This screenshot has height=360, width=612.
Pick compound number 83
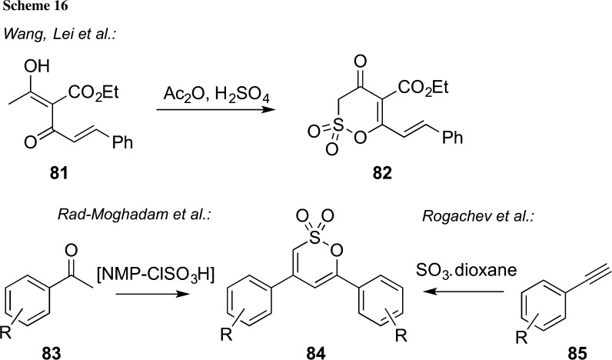click(42, 351)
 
